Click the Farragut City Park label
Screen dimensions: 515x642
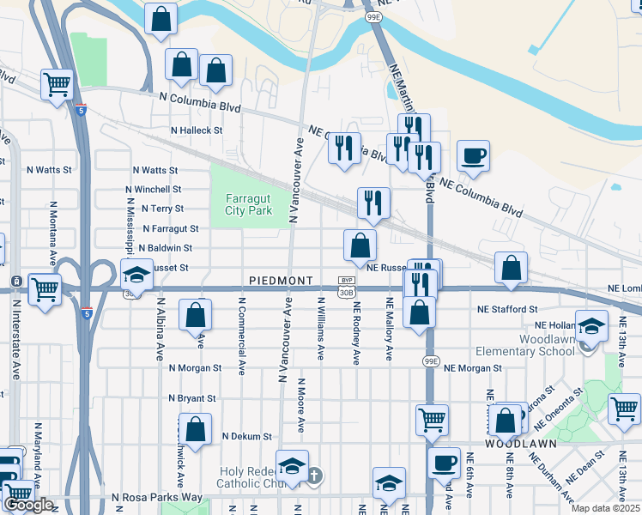tap(248, 204)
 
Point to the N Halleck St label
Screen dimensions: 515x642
tap(197, 130)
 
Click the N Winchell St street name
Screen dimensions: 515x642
tap(153, 189)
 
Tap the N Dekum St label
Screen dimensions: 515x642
tap(246, 436)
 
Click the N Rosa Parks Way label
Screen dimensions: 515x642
tap(157, 497)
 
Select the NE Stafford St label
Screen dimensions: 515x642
tap(508, 309)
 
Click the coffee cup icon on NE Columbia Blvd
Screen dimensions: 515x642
tap(473, 155)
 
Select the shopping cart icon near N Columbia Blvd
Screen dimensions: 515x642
tap(57, 85)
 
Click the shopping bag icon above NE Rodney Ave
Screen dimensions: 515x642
tap(360, 245)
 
